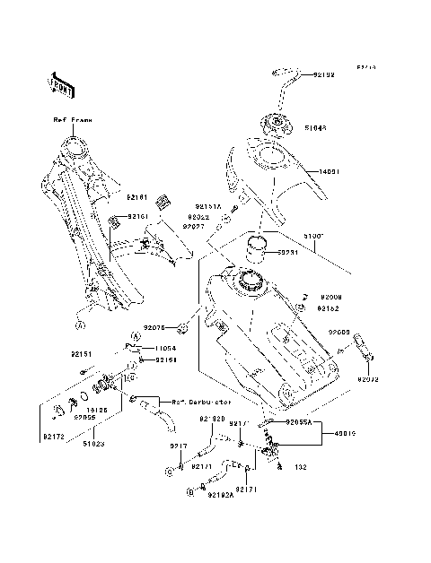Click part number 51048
pos(317,127)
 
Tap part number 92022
pos(200,217)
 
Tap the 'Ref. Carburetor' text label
pos(184,401)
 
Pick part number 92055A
pos(300,420)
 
